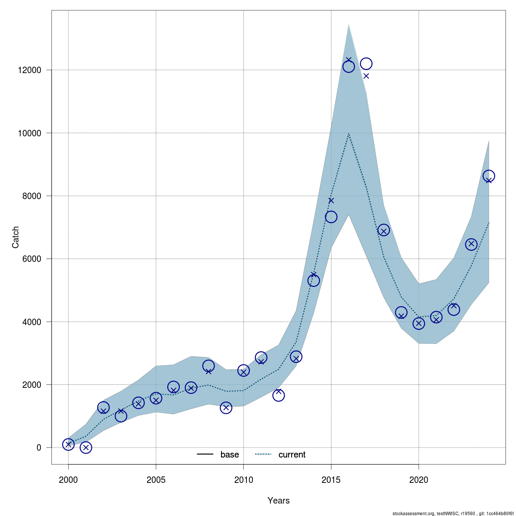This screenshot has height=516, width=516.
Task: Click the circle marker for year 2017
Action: (x=366, y=64)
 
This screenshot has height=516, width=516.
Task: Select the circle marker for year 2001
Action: (x=86, y=448)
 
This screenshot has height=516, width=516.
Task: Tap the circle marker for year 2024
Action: (x=488, y=176)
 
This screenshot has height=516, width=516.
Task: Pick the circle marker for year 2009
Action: (x=226, y=408)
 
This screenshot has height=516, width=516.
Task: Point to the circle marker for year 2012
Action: (x=279, y=395)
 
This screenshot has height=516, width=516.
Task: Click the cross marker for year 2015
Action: (x=331, y=200)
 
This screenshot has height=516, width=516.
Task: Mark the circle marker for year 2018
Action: (x=384, y=230)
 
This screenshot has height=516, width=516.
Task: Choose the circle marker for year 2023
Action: (x=471, y=244)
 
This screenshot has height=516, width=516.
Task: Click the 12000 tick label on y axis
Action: (x=30, y=70)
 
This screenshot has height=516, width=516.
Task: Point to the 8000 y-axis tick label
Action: (x=32, y=196)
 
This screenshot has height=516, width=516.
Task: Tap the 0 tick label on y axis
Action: (x=39, y=448)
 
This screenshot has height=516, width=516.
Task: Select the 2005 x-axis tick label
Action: (x=156, y=480)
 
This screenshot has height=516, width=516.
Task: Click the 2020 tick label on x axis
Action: (x=419, y=480)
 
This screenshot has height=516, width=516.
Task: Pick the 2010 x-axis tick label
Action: (x=244, y=480)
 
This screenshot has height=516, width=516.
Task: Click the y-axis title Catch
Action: (x=16, y=237)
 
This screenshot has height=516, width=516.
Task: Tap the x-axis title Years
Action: (x=279, y=501)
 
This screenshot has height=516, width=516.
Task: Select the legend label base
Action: (x=230, y=455)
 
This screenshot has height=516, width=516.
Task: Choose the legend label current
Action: (x=292, y=455)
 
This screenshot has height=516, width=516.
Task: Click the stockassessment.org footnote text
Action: (x=454, y=513)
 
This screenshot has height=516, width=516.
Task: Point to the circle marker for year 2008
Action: (x=209, y=366)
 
